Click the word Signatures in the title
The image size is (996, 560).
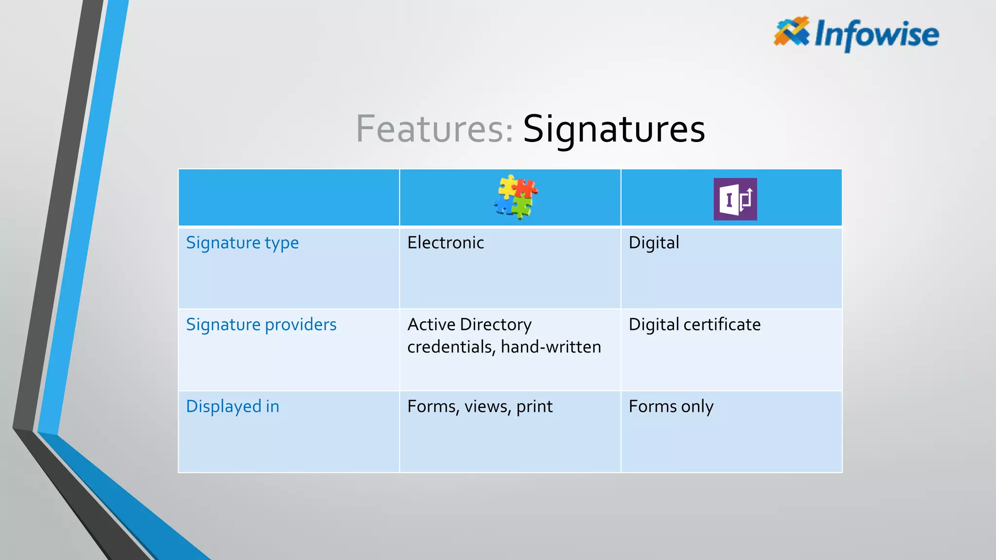pyautogui.click(x=614, y=129)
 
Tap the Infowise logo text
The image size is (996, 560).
pyautogui.click(x=876, y=35)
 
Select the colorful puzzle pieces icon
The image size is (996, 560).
pyautogui.click(x=516, y=197)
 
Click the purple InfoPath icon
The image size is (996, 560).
pyautogui.click(x=735, y=199)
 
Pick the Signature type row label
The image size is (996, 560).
pyautogui.click(x=242, y=243)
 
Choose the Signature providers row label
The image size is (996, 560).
pyautogui.click(x=261, y=325)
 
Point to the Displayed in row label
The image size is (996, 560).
pyautogui.click(x=232, y=406)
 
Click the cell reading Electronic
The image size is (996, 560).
pyautogui.click(x=445, y=243)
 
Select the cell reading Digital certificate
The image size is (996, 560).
pyautogui.click(x=694, y=325)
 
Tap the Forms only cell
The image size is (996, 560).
pyautogui.click(x=671, y=406)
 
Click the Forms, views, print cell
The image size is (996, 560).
pyautogui.click(x=480, y=406)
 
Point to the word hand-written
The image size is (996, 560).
pyautogui.click(x=551, y=347)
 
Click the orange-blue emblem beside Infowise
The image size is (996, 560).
pyautogui.click(x=791, y=32)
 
